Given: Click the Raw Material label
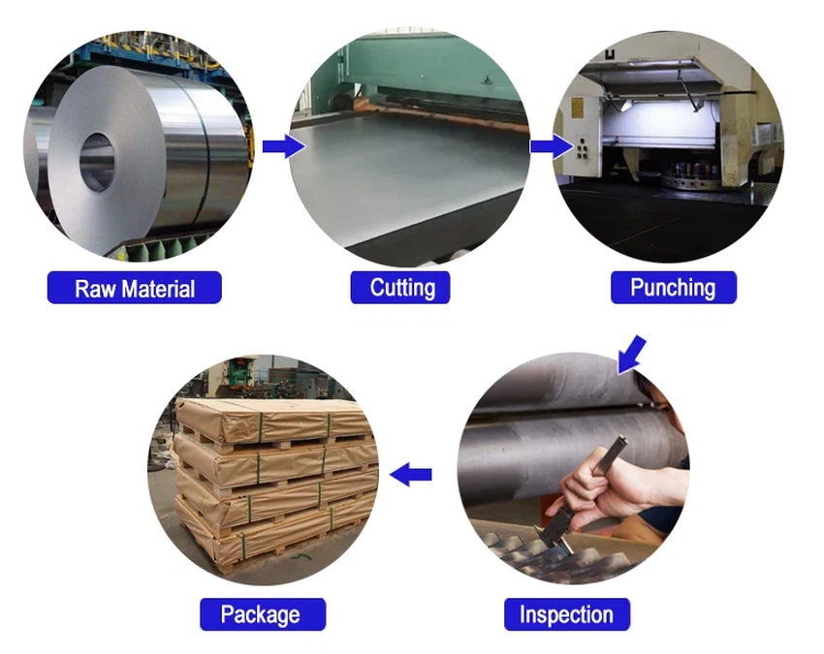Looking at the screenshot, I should (135, 288).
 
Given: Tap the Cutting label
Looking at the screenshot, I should (402, 288).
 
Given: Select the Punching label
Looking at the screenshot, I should (672, 288).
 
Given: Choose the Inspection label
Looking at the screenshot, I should (566, 614).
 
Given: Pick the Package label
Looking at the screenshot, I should (260, 614).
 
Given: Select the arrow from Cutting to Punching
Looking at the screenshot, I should (551, 146).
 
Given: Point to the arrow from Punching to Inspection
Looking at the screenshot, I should (631, 353).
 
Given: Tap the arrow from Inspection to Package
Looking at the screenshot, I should (411, 474).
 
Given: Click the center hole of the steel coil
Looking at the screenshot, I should (96, 161).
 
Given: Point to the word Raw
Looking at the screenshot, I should (94, 288).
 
